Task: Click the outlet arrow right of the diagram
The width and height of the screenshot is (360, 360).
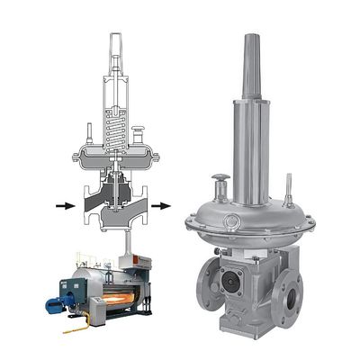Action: click(160, 206)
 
